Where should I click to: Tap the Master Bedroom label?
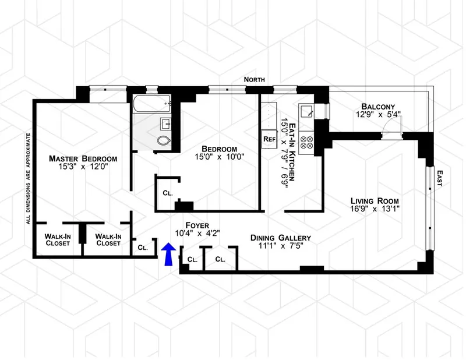[83, 158]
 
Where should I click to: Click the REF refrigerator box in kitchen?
[269, 139]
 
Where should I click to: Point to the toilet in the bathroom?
[165, 140]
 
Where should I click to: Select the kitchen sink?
[306, 110]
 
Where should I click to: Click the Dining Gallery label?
[280, 238]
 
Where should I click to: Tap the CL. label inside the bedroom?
[167, 193]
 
